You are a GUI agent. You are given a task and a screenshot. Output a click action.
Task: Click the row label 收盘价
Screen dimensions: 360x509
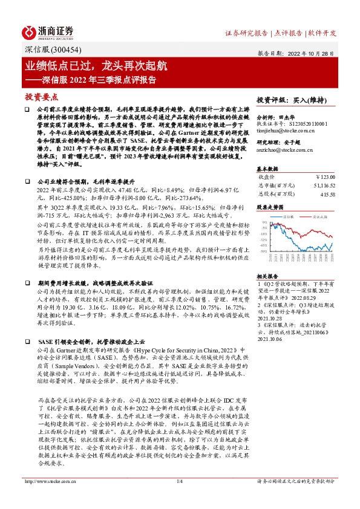pos(267,177)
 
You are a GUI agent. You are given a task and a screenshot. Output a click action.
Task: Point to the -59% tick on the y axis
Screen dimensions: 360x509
pos(264,251)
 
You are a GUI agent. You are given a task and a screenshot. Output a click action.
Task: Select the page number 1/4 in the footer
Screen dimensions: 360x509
pos(179,498)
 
